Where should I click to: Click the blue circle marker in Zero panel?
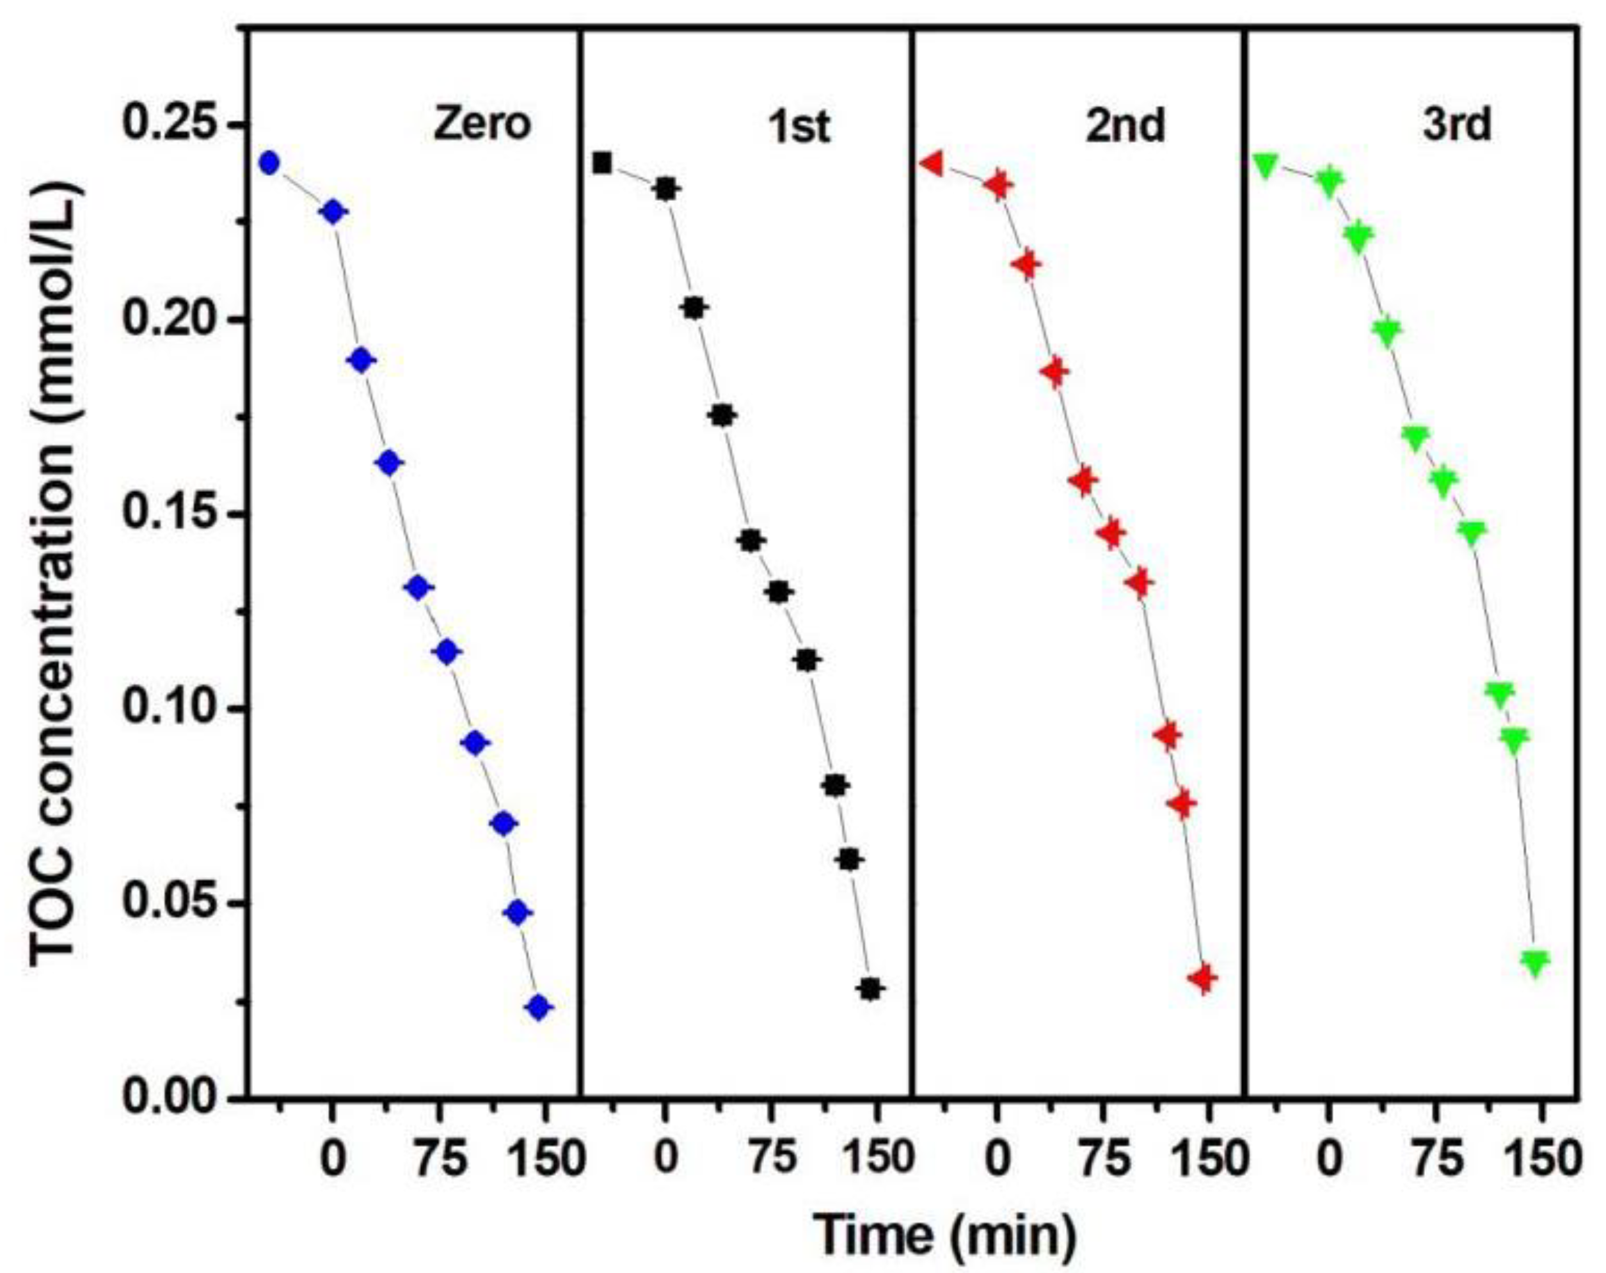pos(269,162)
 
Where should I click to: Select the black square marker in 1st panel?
pos(603,163)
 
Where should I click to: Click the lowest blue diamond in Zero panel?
pos(540,1007)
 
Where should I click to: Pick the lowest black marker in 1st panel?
pos(871,989)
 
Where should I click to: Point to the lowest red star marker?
pos(1204,978)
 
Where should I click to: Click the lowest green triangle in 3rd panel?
pos(1535,962)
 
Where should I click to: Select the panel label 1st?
pos(799,127)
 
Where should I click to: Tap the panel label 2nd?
pos(1125,127)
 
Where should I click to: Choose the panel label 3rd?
pos(1457,127)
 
